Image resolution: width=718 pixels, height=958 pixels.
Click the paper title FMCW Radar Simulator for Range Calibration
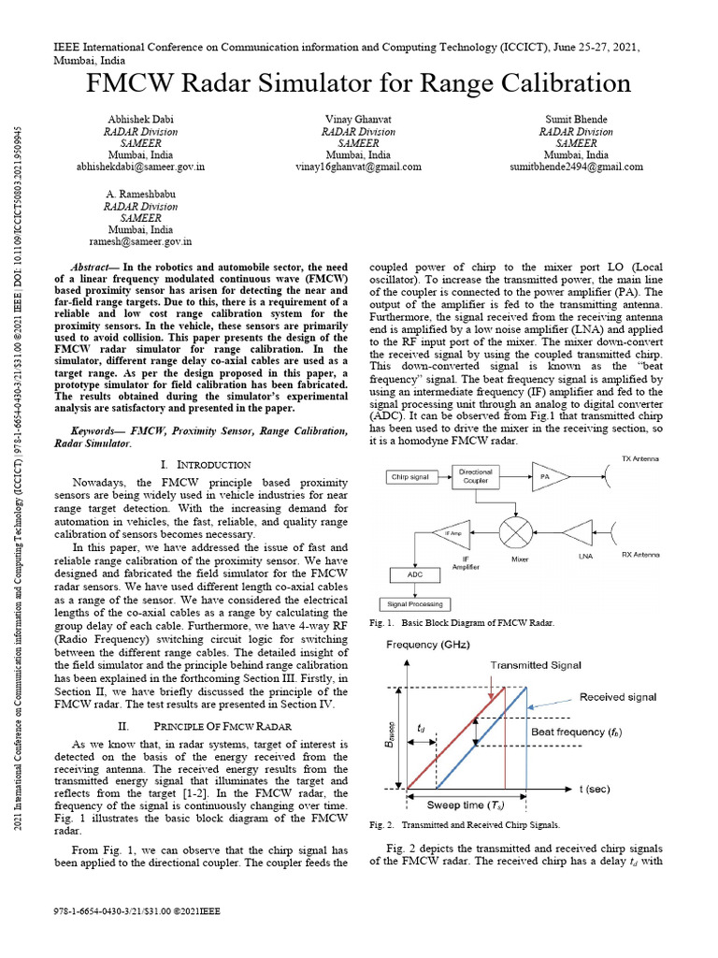(359, 84)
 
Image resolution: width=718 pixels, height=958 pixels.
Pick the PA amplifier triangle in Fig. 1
(545, 477)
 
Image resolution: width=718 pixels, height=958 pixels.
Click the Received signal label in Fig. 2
(617, 697)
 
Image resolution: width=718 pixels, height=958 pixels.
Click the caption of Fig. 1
(462, 622)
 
